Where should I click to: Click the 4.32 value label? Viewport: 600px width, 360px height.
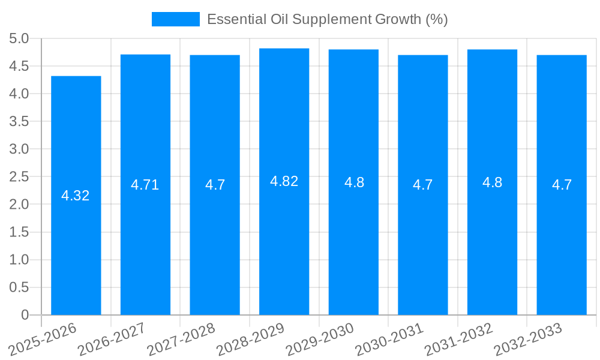pyautogui.click(x=76, y=196)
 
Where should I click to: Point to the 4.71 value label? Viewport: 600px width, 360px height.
pyautogui.click(x=145, y=185)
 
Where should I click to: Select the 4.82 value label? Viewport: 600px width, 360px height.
pyautogui.click(x=284, y=181)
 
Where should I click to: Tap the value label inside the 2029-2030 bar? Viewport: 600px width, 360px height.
pyautogui.click(x=354, y=182)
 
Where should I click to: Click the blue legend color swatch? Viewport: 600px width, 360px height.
pyautogui.click(x=175, y=19)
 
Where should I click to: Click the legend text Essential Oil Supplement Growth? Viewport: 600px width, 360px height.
pyautogui.click(x=327, y=19)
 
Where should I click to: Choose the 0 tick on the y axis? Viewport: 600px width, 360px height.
pyautogui.click(x=25, y=315)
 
